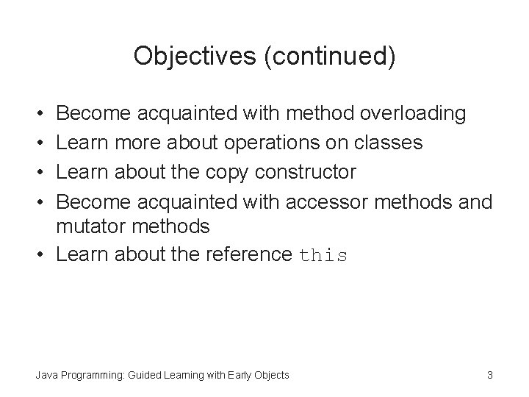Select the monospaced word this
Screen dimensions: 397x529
point(323,256)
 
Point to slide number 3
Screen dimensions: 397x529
point(489,376)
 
